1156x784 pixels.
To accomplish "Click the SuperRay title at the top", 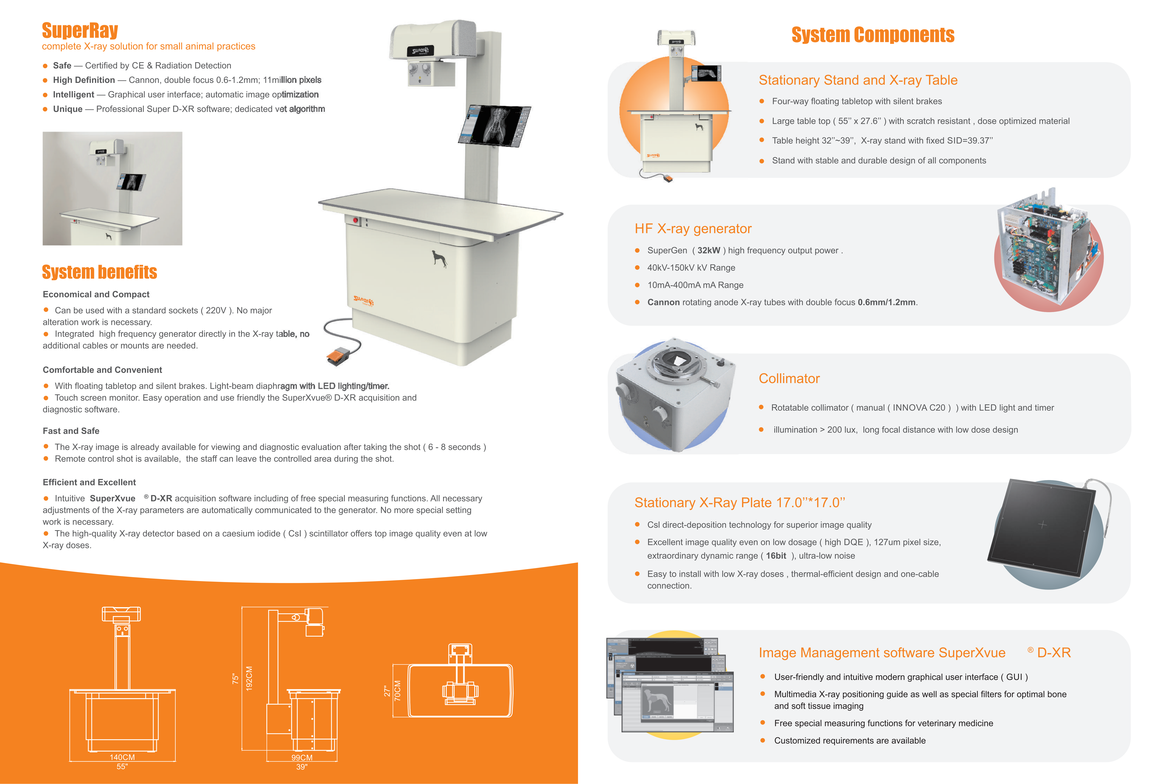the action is (x=80, y=30).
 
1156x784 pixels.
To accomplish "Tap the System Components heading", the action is (x=873, y=35).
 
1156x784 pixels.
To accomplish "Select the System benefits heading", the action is (x=99, y=272).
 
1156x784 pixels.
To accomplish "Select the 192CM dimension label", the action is (x=249, y=678).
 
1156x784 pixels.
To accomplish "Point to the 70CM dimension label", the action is (x=397, y=690).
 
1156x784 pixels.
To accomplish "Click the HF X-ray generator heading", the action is (x=693, y=229).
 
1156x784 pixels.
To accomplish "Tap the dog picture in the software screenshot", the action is (x=657, y=701).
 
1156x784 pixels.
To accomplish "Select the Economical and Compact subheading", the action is (x=96, y=294).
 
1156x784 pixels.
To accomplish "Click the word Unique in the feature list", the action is (x=68, y=109).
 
